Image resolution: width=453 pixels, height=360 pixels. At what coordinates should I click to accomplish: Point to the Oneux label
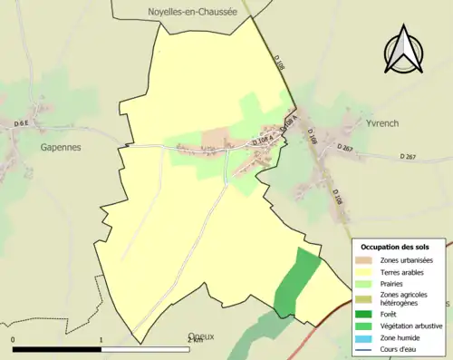coord(201,336)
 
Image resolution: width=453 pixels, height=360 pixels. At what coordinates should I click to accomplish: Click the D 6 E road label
coord(22,122)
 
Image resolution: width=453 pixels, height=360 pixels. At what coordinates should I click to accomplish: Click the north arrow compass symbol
coord(404,49)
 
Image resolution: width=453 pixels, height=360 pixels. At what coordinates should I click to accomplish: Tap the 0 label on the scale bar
coord(14,340)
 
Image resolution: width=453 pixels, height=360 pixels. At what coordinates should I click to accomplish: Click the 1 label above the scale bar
coord(101,340)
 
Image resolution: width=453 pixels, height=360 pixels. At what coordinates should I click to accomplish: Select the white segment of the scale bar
coord(145,349)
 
